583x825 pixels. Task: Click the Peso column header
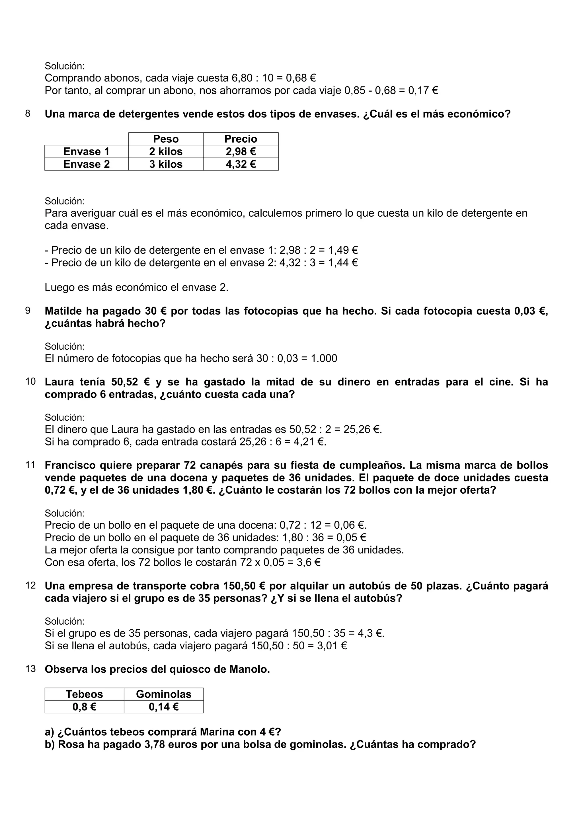(x=166, y=139)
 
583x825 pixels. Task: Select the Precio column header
(x=241, y=139)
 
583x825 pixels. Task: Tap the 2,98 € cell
(x=241, y=152)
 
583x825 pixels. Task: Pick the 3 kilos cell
(x=166, y=164)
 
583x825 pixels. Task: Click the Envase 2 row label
(x=86, y=164)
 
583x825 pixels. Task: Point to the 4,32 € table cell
(x=241, y=164)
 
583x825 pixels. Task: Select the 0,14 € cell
(x=163, y=707)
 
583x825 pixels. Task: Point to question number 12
(x=30, y=585)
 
